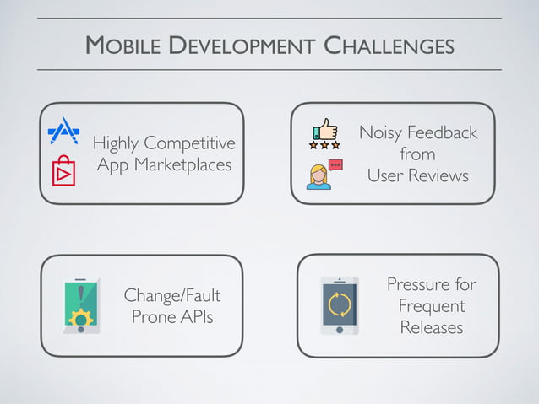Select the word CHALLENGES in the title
(x=389, y=46)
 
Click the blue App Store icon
(x=64, y=131)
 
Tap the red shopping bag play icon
(x=64, y=170)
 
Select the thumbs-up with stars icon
(x=325, y=133)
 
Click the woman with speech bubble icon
(x=323, y=174)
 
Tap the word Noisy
(x=380, y=132)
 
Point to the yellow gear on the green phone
(x=81, y=319)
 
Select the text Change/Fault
(x=171, y=296)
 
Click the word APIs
(x=196, y=318)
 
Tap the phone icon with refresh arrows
(x=339, y=305)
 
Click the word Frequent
(x=431, y=305)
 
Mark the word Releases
(x=431, y=327)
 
